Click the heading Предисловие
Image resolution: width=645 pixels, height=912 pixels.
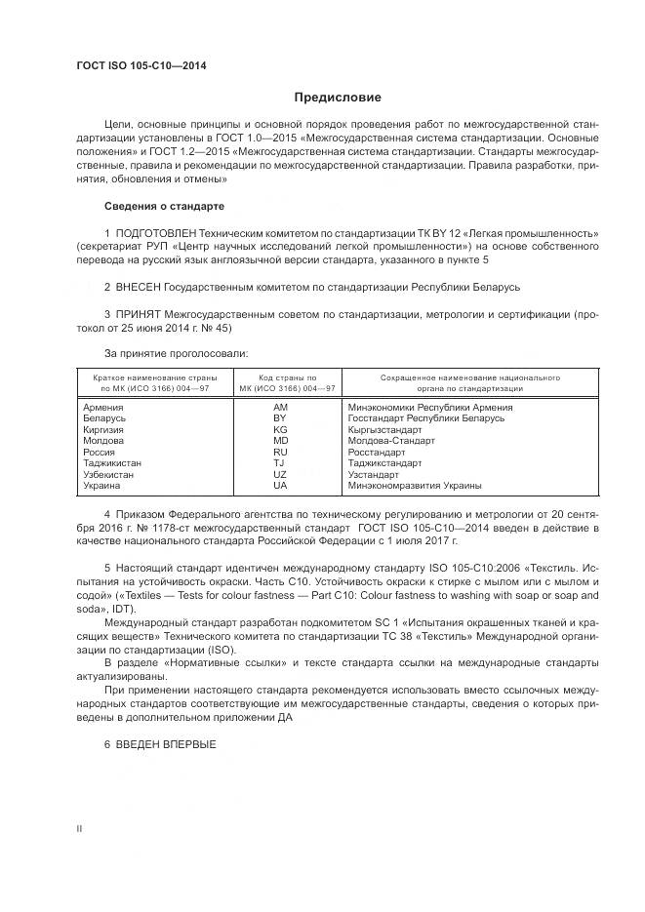pos(338,98)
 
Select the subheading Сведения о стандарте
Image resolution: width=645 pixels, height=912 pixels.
pos(164,207)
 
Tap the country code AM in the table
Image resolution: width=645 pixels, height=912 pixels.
pos(280,407)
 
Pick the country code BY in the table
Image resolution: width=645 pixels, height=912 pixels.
pos(280,417)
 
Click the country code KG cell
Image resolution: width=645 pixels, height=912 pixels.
pos(280,429)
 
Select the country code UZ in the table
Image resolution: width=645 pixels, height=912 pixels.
pos(280,474)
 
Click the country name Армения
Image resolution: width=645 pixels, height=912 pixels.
pos(103,407)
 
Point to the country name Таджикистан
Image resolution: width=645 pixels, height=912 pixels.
pos(112,463)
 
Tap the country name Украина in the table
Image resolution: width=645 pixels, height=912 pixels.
pos(102,485)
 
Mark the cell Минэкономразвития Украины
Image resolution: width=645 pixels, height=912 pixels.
pos(414,485)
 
